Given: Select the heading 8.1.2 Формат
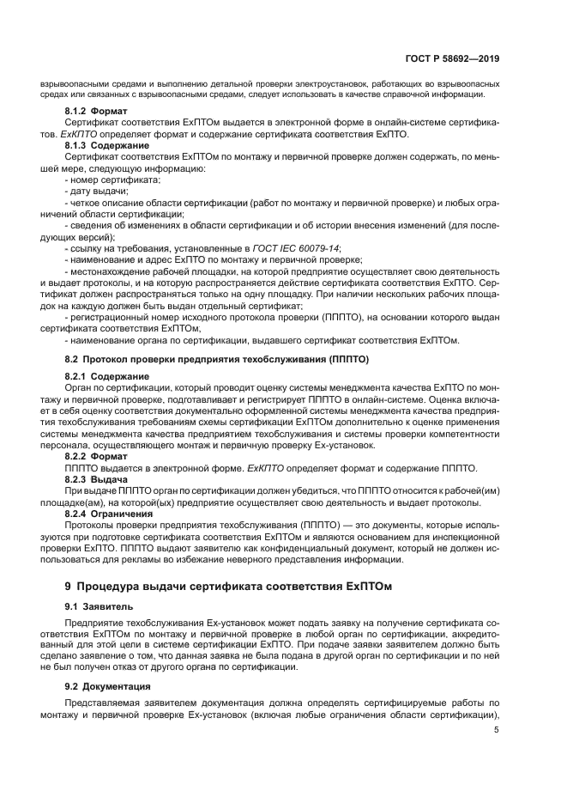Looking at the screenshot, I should (96, 113).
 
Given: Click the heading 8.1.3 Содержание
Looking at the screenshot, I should (107, 147).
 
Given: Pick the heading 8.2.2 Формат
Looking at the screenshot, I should (96, 456).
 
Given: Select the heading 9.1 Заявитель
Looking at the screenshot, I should (94, 606).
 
